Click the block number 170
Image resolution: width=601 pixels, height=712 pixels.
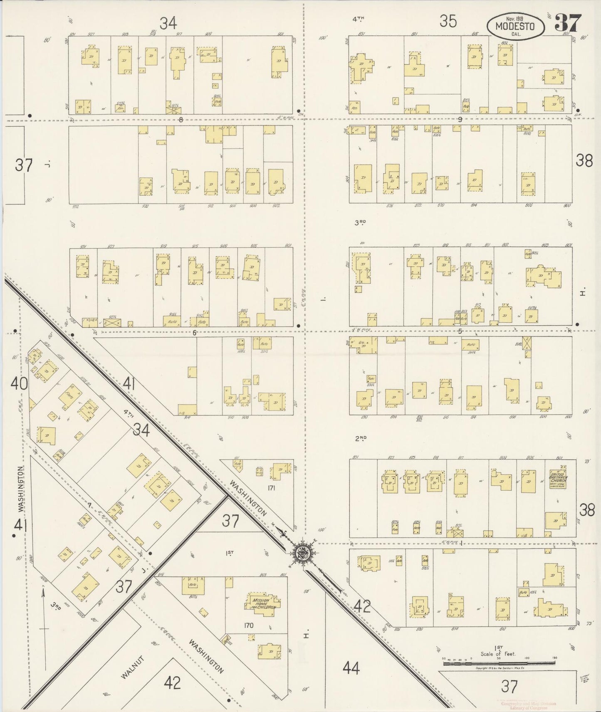(249, 625)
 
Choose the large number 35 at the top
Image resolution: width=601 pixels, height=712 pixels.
(448, 21)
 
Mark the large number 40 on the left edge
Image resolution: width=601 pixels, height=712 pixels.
(19, 383)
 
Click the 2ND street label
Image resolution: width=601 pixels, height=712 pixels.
(360, 438)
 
